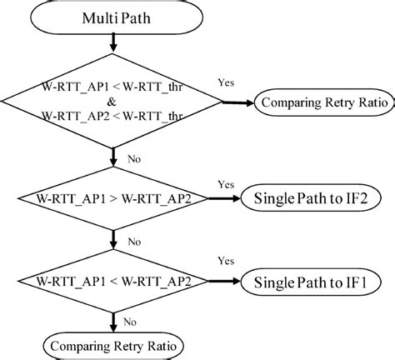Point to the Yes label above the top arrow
pyautogui.click(x=225, y=83)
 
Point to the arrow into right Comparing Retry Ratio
pyautogui.click(x=239, y=103)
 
